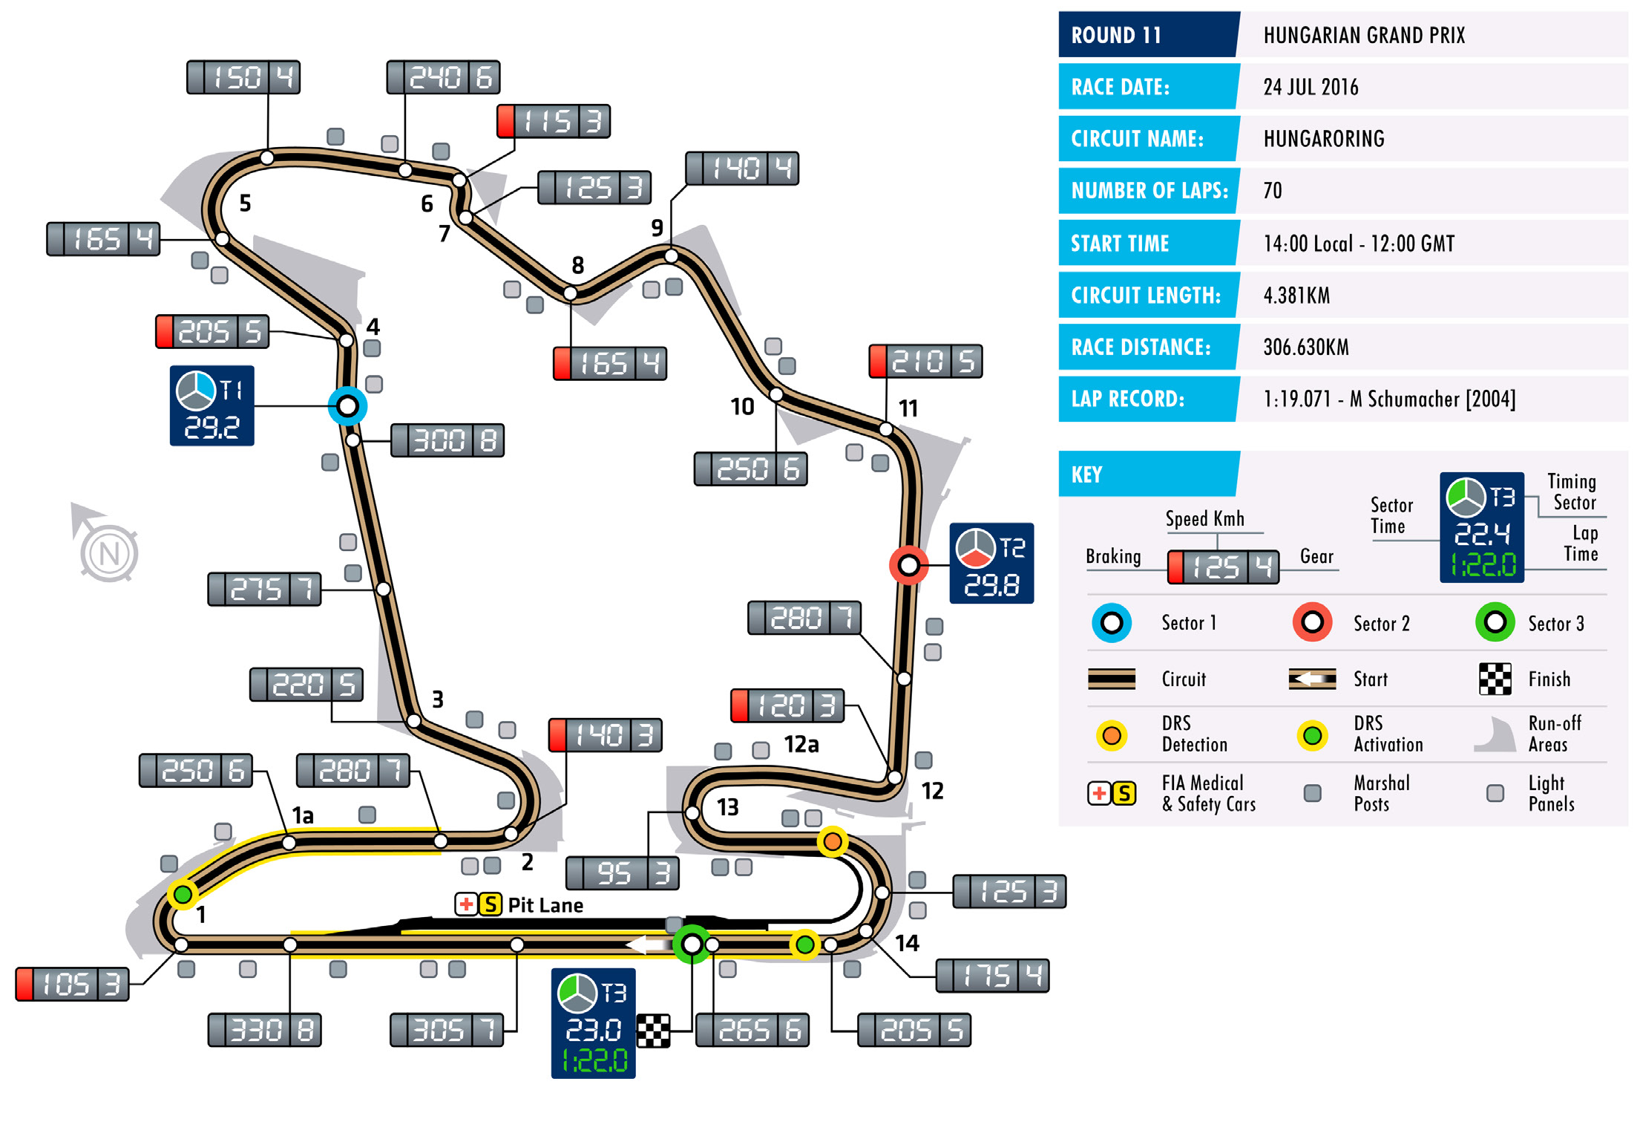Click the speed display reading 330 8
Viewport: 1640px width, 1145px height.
pos(264,1030)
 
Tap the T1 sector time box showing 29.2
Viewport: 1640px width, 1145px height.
pos(211,405)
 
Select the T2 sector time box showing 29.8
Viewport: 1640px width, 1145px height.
pos(991,563)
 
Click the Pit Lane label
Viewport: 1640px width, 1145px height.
pos(545,905)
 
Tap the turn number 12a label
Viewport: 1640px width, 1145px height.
pos(801,744)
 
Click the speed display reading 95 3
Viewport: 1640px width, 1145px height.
pos(622,873)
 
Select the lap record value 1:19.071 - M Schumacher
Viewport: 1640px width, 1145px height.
pos(1388,399)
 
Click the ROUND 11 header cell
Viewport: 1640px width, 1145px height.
pos(1147,35)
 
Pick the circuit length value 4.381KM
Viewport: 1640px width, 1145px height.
pos(1296,296)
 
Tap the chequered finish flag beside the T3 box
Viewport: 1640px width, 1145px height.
pos(653,1031)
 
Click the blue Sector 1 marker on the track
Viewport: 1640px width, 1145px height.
pos(347,406)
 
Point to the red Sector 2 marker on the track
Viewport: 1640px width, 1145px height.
pos(908,566)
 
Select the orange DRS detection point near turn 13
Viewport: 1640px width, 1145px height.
pos(833,841)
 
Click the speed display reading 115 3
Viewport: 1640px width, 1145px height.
pos(554,121)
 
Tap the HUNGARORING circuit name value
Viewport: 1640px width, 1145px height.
pos(1324,139)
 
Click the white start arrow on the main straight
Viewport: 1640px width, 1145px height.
pos(646,945)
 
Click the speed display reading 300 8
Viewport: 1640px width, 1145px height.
pos(447,440)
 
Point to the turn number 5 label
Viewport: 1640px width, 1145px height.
pos(245,203)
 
